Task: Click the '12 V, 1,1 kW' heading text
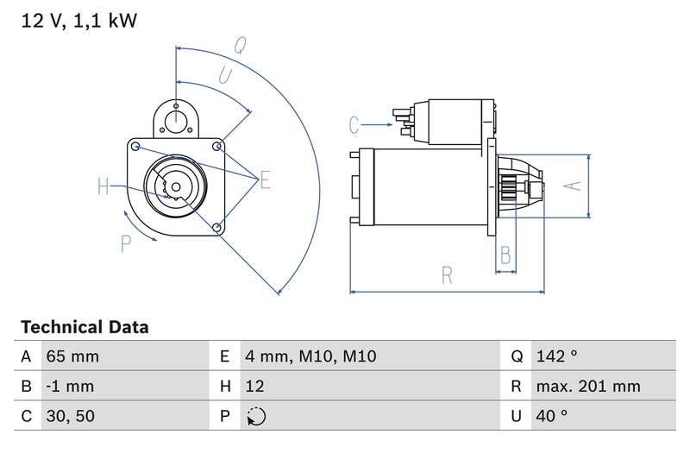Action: pos(78,20)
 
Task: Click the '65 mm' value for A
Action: pos(73,356)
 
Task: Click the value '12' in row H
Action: pos(255,386)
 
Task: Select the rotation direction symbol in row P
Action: pos(256,416)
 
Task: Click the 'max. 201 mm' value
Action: pos(586,386)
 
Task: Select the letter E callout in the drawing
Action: pos(265,180)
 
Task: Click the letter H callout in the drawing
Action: pos(103,186)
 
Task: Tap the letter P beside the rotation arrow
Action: pos(126,244)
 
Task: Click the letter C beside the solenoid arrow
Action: pos(354,126)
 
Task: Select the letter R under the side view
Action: pos(447,275)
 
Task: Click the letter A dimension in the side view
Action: pos(568,185)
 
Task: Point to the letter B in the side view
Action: pos(505,255)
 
